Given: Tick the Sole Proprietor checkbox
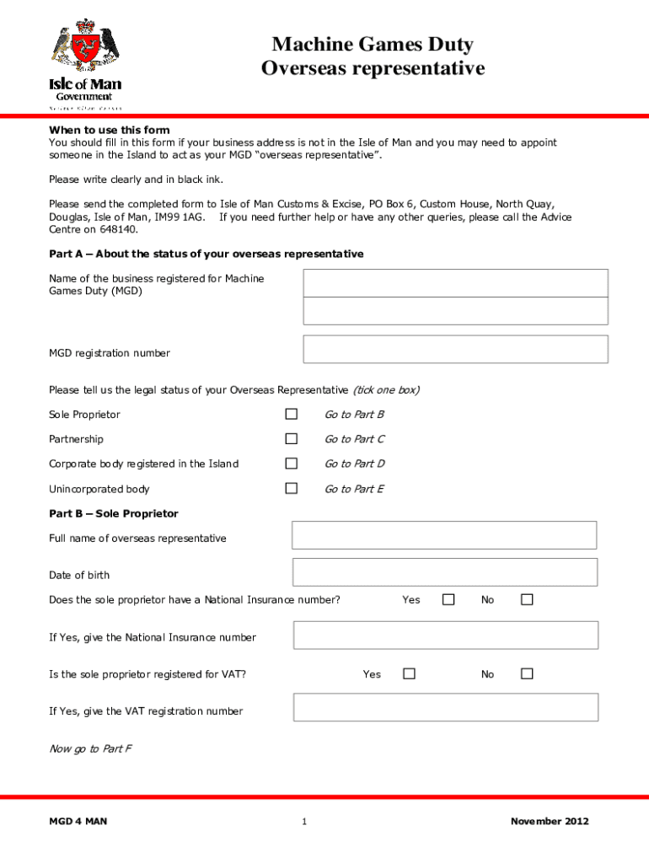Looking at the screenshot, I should coord(291,414).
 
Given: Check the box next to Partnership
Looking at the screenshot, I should coord(291,438).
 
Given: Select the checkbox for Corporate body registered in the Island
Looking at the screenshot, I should coord(291,463).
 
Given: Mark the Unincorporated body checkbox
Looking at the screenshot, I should coord(291,488).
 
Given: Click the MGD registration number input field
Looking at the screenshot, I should coord(455,349).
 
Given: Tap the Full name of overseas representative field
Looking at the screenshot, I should coord(444,535).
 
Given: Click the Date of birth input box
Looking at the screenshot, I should coord(444,572).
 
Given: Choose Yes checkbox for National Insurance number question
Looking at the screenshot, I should coord(448,599).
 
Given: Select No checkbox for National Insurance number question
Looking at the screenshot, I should coord(527,599).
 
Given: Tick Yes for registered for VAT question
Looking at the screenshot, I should coord(409,673).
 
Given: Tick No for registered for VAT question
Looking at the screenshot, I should coord(527,673).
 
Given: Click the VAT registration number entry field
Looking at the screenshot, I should coord(445,707).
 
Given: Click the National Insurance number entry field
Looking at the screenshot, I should coord(445,635).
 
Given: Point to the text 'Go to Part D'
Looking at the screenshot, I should coord(355,464).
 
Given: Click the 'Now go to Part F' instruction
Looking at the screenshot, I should coord(90,748).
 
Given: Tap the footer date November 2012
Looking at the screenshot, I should coord(550,822).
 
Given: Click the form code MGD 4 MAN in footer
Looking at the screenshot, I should coord(78,822).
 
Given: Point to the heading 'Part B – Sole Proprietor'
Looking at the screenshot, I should coord(114,513).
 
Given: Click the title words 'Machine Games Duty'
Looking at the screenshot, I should coord(373,45).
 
